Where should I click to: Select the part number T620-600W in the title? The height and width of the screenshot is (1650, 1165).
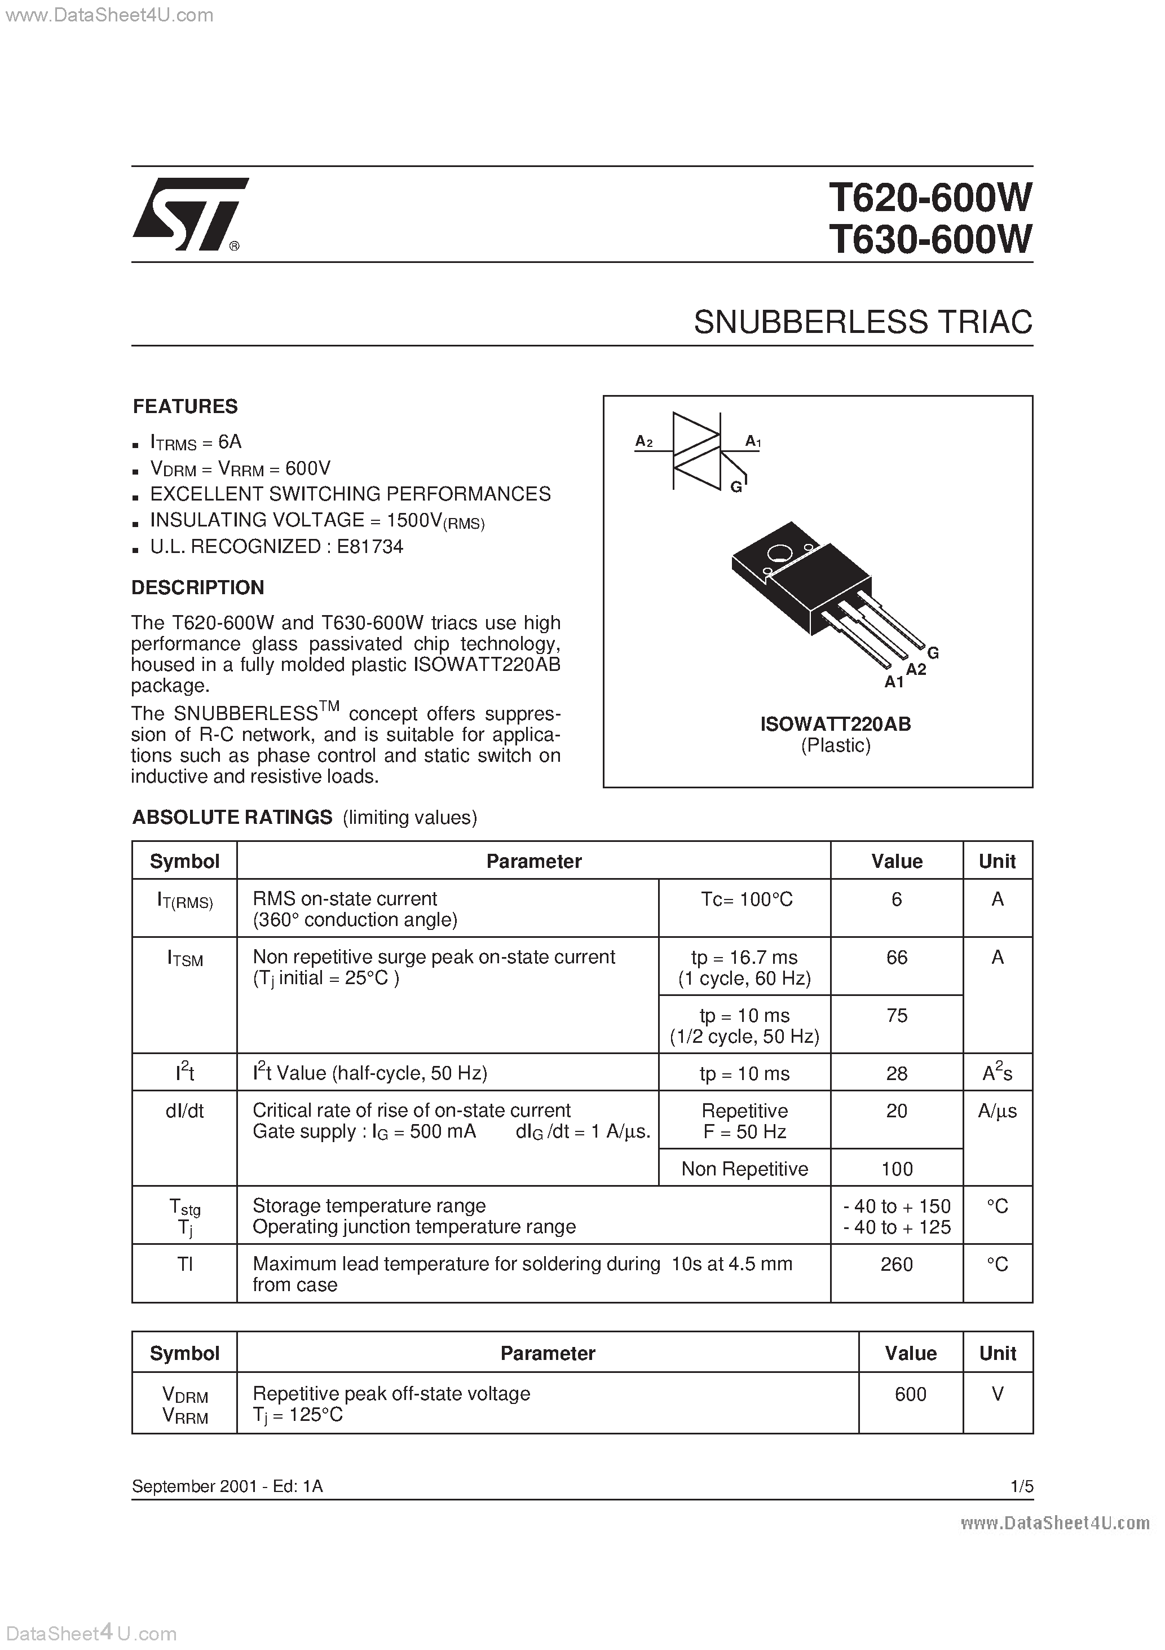(x=930, y=197)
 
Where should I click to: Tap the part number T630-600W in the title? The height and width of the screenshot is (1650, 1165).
(x=930, y=239)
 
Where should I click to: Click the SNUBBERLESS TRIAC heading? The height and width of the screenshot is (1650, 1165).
(x=863, y=322)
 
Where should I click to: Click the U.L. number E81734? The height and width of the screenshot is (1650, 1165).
(x=370, y=547)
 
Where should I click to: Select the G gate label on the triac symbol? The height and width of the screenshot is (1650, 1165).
(x=735, y=487)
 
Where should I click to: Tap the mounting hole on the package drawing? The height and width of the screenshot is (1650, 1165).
(x=778, y=554)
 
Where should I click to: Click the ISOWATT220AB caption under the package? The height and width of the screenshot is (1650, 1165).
(x=835, y=725)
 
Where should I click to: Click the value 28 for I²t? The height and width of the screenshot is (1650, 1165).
(x=897, y=1074)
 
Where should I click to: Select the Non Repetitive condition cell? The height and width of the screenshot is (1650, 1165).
(x=744, y=1169)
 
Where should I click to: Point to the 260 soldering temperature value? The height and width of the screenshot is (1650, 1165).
(x=897, y=1264)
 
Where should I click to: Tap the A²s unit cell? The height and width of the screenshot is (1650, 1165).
(x=997, y=1074)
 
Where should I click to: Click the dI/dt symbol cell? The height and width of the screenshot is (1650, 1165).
(x=184, y=1111)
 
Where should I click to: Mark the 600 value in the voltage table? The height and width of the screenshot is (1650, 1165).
(x=910, y=1394)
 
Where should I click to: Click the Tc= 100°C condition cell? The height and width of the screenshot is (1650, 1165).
(x=746, y=899)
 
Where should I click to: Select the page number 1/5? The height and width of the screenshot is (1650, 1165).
(x=1021, y=1486)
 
